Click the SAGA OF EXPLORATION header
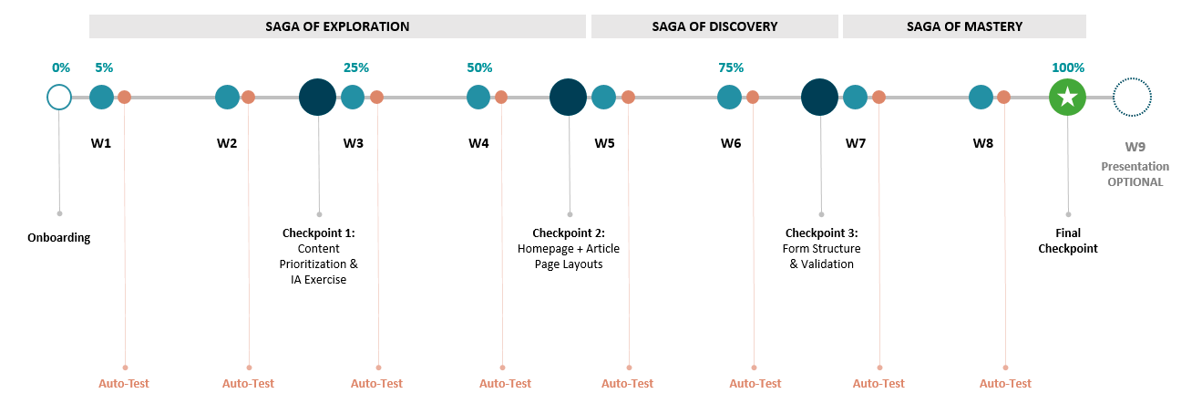[x=337, y=26]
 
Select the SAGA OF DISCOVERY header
[x=714, y=26]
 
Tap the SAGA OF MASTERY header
[x=964, y=26]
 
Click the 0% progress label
[x=61, y=67]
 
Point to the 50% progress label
[x=479, y=67]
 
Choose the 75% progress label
[x=731, y=67]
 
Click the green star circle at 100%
[x=1067, y=98]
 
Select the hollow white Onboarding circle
[x=59, y=97]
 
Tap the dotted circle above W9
[x=1133, y=97]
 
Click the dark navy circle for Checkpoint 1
[x=318, y=97]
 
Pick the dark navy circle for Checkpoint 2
[x=569, y=97]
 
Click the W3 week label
[x=354, y=143]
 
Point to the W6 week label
[x=731, y=143]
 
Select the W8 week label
[x=982, y=143]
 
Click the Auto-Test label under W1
[x=124, y=384]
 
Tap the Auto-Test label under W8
[x=1005, y=384]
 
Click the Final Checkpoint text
[x=1068, y=241]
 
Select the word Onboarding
[x=59, y=238]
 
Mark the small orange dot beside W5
[x=628, y=97]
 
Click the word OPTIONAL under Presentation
[x=1135, y=182]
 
